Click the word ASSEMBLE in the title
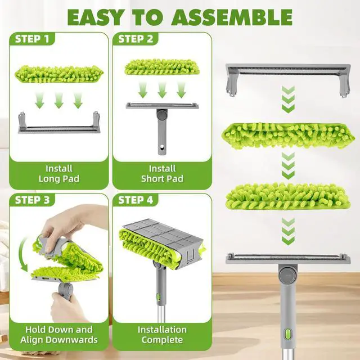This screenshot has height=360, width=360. tap(232, 17)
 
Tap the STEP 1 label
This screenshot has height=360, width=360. tap(32, 39)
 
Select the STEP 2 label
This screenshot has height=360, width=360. tap(136, 39)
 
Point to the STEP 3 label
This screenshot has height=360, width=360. tap(32, 200)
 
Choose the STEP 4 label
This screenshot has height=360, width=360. tap(136, 200)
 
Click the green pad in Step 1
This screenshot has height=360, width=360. tap(58, 74)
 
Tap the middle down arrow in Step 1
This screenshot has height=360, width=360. tap(58, 100)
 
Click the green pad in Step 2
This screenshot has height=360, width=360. tap(162, 67)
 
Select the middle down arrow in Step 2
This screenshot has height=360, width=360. tap(162, 90)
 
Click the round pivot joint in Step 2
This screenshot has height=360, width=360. tap(163, 114)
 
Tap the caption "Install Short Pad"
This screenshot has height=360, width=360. tap(162, 174)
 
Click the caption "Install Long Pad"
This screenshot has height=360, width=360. tap(58, 174)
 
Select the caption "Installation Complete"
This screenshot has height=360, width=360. tap(162, 335)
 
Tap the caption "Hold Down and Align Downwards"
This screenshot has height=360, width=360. tap(58, 335)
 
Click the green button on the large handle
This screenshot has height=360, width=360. tap(288, 334)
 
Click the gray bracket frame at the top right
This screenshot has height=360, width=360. tap(288, 79)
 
